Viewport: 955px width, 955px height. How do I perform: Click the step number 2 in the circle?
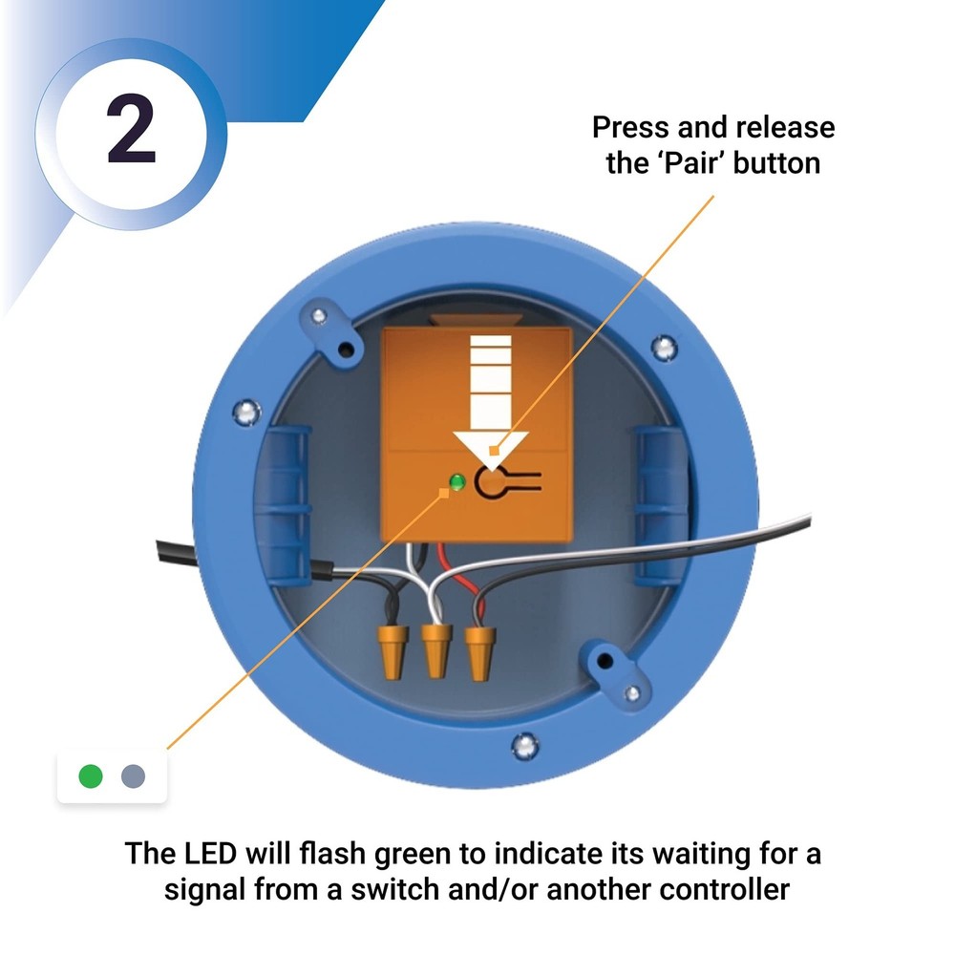(131, 132)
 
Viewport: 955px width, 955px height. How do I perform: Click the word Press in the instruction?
(631, 127)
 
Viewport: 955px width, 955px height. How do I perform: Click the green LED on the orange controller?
(457, 482)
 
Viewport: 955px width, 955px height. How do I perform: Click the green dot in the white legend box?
(91, 775)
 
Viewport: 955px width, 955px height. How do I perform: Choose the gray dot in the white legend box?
(133, 775)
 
